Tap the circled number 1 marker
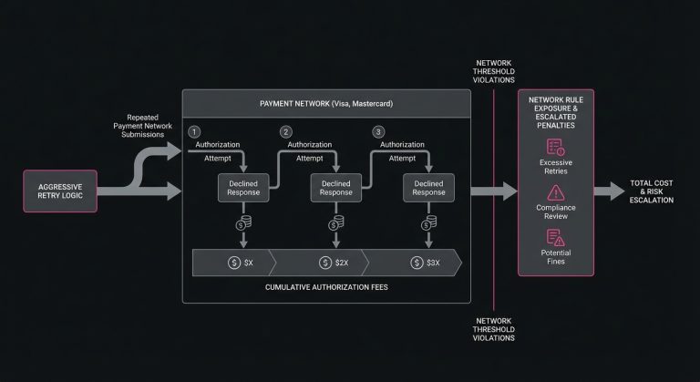(193, 131)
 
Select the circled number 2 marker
(285, 131)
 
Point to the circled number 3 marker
(377, 131)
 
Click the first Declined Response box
(243, 187)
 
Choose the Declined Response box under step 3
(429, 187)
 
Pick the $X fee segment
(243, 262)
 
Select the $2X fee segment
(335, 262)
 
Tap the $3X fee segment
(428, 262)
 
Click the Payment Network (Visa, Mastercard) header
(325, 103)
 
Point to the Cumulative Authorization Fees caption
(325, 289)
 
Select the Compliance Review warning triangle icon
(554, 192)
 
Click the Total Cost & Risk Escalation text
(651, 191)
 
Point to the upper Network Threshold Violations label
(493, 73)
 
